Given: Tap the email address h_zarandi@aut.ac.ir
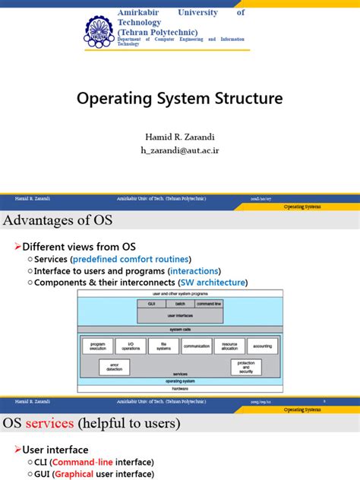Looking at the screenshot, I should [x=180, y=150].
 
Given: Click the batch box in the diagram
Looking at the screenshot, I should [x=179, y=303].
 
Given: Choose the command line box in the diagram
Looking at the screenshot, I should [x=208, y=303].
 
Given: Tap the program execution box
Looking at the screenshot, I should [x=98, y=346].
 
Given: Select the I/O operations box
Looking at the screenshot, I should [x=131, y=346].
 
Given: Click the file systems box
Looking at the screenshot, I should [x=163, y=346].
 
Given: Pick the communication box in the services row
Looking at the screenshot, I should [x=197, y=346].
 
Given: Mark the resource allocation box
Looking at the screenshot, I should [x=229, y=346].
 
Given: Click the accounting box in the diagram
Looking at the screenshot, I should [x=262, y=346].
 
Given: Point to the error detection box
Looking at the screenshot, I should [x=114, y=367].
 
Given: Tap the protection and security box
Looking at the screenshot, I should [x=246, y=367].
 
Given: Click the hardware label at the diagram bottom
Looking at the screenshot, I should [x=180, y=387].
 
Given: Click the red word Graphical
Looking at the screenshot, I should [x=75, y=474].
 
